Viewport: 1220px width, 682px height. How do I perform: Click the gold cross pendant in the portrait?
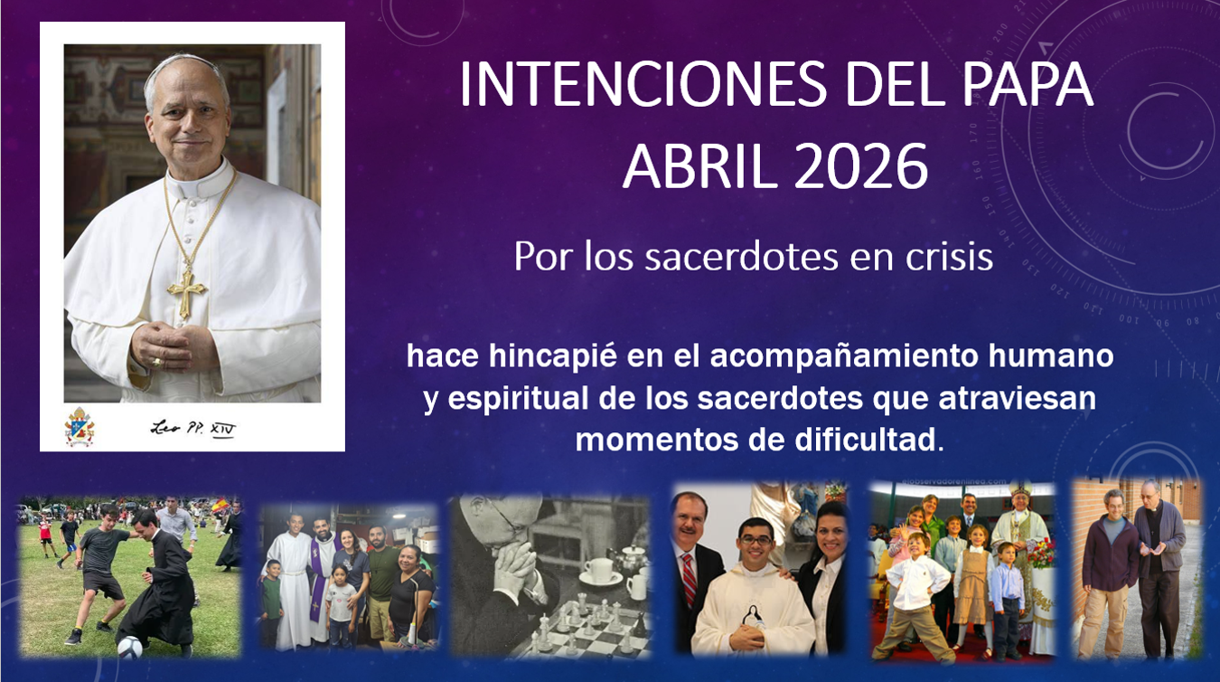click(x=186, y=290)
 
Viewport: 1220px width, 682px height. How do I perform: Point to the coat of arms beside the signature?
click(x=80, y=426)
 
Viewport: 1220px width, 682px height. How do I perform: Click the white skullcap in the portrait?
click(x=185, y=63)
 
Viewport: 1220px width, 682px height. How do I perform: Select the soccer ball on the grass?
click(x=129, y=646)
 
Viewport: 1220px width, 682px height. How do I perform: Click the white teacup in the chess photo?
click(x=599, y=571)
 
